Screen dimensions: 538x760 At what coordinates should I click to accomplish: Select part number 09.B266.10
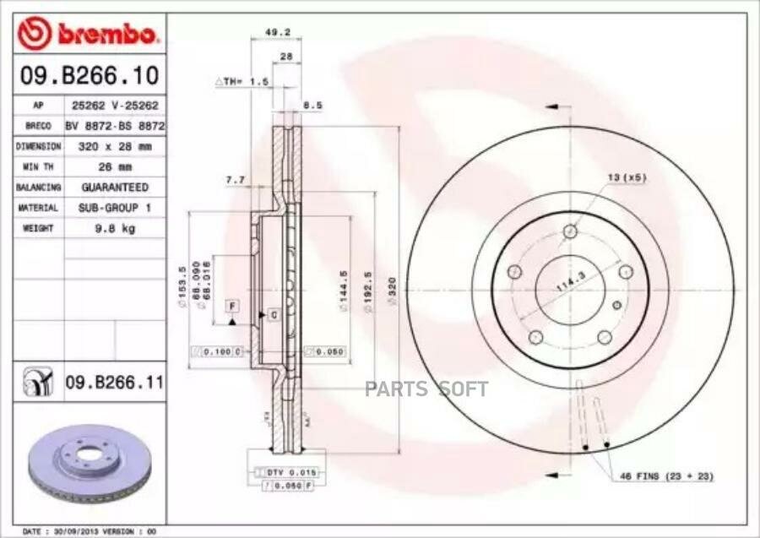click(x=89, y=76)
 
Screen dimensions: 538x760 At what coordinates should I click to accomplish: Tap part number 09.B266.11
click(x=114, y=383)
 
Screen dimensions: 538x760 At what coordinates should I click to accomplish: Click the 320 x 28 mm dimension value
click(x=114, y=146)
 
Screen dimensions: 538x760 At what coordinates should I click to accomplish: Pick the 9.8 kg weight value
click(x=114, y=228)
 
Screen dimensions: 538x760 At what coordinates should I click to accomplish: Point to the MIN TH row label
click(x=38, y=166)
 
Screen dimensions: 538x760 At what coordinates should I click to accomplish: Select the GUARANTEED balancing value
click(x=114, y=187)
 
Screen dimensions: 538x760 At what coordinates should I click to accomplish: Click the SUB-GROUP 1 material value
click(x=114, y=208)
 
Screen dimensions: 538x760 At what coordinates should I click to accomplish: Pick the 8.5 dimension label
click(x=312, y=106)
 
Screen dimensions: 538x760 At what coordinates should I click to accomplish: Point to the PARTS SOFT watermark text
click(x=426, y=389)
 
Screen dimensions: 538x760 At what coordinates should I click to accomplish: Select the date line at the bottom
click(x=84, y=530)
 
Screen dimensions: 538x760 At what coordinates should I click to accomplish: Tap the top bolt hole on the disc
click(x=571, y=231)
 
